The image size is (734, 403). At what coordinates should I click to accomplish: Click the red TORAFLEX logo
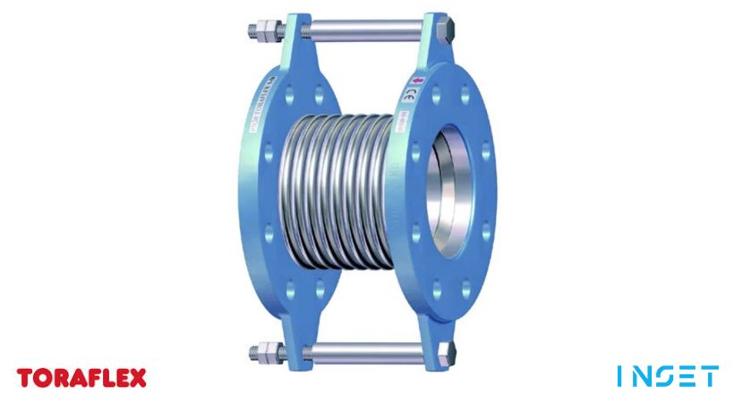click(x=81, y=377)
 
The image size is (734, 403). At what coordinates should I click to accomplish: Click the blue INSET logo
click(x=667, y=376)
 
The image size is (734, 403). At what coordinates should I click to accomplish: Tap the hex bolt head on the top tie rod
click(x=443, y=35)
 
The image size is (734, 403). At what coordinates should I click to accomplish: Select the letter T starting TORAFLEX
click(x=25, y=377)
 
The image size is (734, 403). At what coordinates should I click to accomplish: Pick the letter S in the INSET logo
click(x=668, y=376)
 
